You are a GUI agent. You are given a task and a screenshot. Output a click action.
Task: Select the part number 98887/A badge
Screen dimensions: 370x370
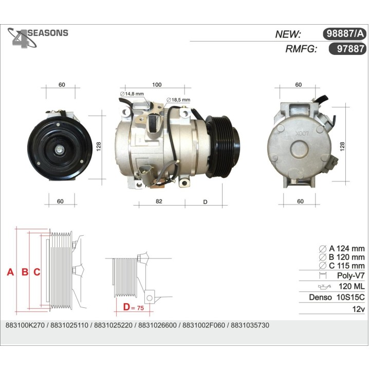click(344, 34)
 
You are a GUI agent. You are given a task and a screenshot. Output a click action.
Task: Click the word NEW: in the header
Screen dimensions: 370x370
click(288, 34)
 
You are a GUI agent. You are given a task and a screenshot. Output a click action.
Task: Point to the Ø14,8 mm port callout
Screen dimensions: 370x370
click(132, 94)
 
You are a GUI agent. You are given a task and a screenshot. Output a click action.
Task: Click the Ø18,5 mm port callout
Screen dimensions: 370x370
click(178, 100)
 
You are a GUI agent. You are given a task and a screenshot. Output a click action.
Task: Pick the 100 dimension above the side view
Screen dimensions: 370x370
click(157, 85)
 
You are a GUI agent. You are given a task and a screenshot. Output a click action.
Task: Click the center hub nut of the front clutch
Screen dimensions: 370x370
click(60, 149)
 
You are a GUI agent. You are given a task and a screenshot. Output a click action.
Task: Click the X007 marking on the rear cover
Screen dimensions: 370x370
click(299, 133)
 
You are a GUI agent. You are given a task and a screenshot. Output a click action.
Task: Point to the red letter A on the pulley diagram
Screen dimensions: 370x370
click(10, 272)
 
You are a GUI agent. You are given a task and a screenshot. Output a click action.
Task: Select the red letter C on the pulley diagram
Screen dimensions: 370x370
click(36, 272)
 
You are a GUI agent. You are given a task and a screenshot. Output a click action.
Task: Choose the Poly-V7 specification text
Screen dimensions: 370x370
click(350, 275)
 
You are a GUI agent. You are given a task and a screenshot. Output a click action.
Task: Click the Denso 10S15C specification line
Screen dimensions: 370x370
click(336, 298)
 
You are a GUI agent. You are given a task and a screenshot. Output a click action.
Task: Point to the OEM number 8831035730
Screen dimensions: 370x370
click(250, 326)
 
